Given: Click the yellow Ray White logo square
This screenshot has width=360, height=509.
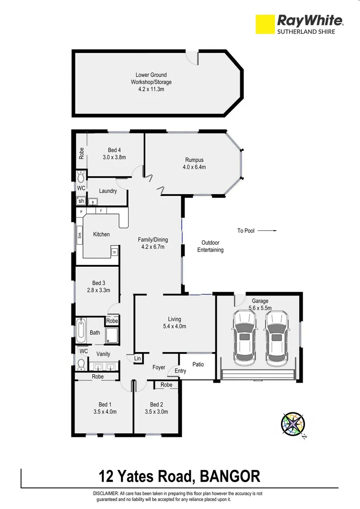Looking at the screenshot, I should click(x=264, y=24).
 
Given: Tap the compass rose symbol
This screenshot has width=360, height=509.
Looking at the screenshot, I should click(x=293, y=424).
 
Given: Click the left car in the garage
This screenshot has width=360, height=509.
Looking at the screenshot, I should click(x=244, y=337).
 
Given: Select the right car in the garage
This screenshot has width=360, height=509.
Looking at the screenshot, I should click(x=277, y=337).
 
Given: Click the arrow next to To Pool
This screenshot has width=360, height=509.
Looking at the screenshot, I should click(x=267, y=231).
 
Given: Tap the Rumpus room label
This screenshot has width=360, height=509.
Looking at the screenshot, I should click(x=194, y=160).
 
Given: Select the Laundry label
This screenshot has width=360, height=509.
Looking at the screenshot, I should click(x=108, y=191).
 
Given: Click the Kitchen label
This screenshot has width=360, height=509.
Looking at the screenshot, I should click(x=101, y=234).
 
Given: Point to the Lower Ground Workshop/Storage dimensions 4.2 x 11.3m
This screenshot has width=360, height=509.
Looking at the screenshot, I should click(x=151, y=89).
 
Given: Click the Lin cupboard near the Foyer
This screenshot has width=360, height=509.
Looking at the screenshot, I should click(x=138, y=359).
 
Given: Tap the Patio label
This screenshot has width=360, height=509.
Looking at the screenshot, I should click(x=198, y=365).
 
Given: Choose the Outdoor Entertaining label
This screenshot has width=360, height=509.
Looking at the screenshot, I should click(x=210, y=246).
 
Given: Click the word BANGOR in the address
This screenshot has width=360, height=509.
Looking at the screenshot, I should click(x=230, y=476).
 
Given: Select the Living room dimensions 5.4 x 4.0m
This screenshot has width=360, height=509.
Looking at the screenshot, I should click(x=174, y=326).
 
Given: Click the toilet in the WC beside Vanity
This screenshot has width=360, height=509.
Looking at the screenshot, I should click(x=81, y=364).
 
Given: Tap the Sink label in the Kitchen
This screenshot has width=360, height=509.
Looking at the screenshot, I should click(x=80, y=235).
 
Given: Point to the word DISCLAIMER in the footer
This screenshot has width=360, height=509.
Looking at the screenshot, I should click(x=107, y=493).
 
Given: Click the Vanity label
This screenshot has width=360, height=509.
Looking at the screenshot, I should click(x=103, y=353).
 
